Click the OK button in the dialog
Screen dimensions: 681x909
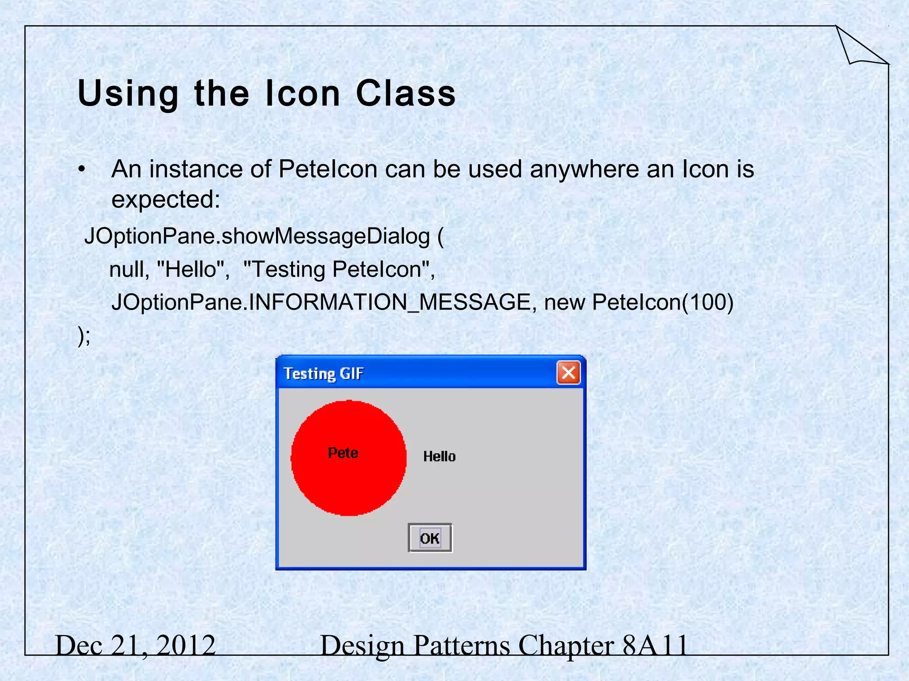click(x=430, y=538)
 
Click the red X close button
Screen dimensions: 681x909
click(x=569, y=372)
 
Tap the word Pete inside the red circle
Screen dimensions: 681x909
click(x=343, y=453)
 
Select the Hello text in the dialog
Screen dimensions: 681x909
click(x=439, y=456)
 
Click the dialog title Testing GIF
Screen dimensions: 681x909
click(x=324, y=373)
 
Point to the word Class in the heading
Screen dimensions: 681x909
click(x=406, y=94)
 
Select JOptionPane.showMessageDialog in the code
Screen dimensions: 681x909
click(x=257, y=236)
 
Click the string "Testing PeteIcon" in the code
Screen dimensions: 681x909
click(x=339, y=269)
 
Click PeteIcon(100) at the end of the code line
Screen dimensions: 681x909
click(x=662, y=302)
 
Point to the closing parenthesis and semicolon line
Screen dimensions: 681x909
click(x=84, y=336)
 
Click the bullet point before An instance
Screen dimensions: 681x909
click(x=81, y=169)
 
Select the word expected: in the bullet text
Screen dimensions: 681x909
click(x=166, y=200)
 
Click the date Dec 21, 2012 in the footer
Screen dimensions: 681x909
click(x=135, y=645)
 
